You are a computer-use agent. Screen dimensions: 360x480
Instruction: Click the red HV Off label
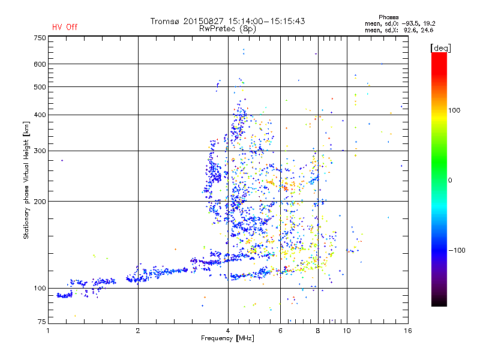[64, 27]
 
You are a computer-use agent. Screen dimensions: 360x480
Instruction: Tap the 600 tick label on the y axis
[40, 64]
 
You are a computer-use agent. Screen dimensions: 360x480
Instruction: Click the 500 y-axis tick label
[40, 87]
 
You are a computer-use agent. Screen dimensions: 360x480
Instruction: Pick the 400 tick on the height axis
[40, 115]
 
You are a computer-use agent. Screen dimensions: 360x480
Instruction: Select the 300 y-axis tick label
[40, 151]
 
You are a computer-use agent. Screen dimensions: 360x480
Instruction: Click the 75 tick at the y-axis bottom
[42, 323]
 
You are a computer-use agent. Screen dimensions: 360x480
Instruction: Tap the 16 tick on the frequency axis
[407, 331]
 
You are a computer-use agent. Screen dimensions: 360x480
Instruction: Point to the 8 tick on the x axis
[318, 331]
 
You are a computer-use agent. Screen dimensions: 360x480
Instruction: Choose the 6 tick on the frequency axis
[281, 331]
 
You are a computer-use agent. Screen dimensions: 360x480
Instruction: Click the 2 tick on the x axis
[138, 331]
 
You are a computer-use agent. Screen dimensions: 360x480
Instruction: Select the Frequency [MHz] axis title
[228, 339]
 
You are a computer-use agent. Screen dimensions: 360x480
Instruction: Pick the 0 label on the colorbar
[449, 180]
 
